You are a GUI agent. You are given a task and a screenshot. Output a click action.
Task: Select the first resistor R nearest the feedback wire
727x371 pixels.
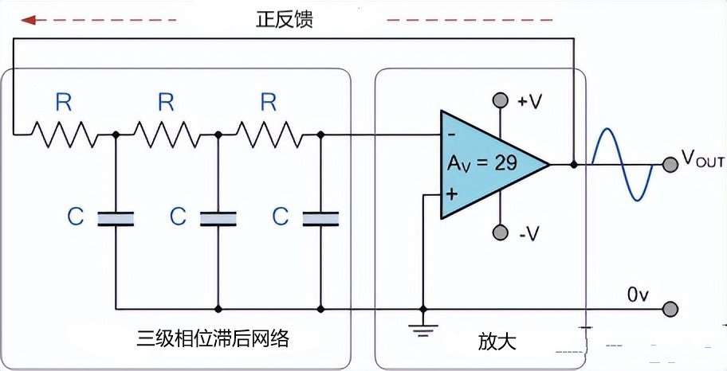pyautogui.click(x=64, y=135)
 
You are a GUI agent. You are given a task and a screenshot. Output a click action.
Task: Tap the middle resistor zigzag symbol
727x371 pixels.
pyautogui.click(x=166, y=135)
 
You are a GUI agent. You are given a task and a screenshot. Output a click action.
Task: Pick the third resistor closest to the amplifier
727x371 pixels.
pyautogui.click(x=269, y=135)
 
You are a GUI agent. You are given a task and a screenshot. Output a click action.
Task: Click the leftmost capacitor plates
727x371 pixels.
pyautogui.click(x=116, y=218)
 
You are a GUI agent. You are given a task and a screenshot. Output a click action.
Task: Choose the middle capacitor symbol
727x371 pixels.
pyautogui.click(x=218, y=218)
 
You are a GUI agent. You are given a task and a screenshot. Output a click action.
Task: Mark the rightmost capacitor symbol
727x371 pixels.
pyautogui.click(x=320, y=218)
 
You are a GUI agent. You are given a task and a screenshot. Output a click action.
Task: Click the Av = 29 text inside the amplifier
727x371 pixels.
pyautogui.click(x=482, y=164)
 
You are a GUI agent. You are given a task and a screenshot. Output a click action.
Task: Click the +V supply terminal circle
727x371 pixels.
pyautogui.click(x=500, y=101)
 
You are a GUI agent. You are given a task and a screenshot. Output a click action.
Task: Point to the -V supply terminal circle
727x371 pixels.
pyautogui.click(x=500, y=232)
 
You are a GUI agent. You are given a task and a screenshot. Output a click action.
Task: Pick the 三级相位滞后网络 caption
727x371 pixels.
pyautogui.click(x=212, y=339)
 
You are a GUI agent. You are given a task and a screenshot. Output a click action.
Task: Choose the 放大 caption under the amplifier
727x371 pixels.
pyautogui.click(x=497, y=342)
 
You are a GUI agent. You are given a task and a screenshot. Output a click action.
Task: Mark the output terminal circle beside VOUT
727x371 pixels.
pyautogui.click(x=669, y=165)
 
